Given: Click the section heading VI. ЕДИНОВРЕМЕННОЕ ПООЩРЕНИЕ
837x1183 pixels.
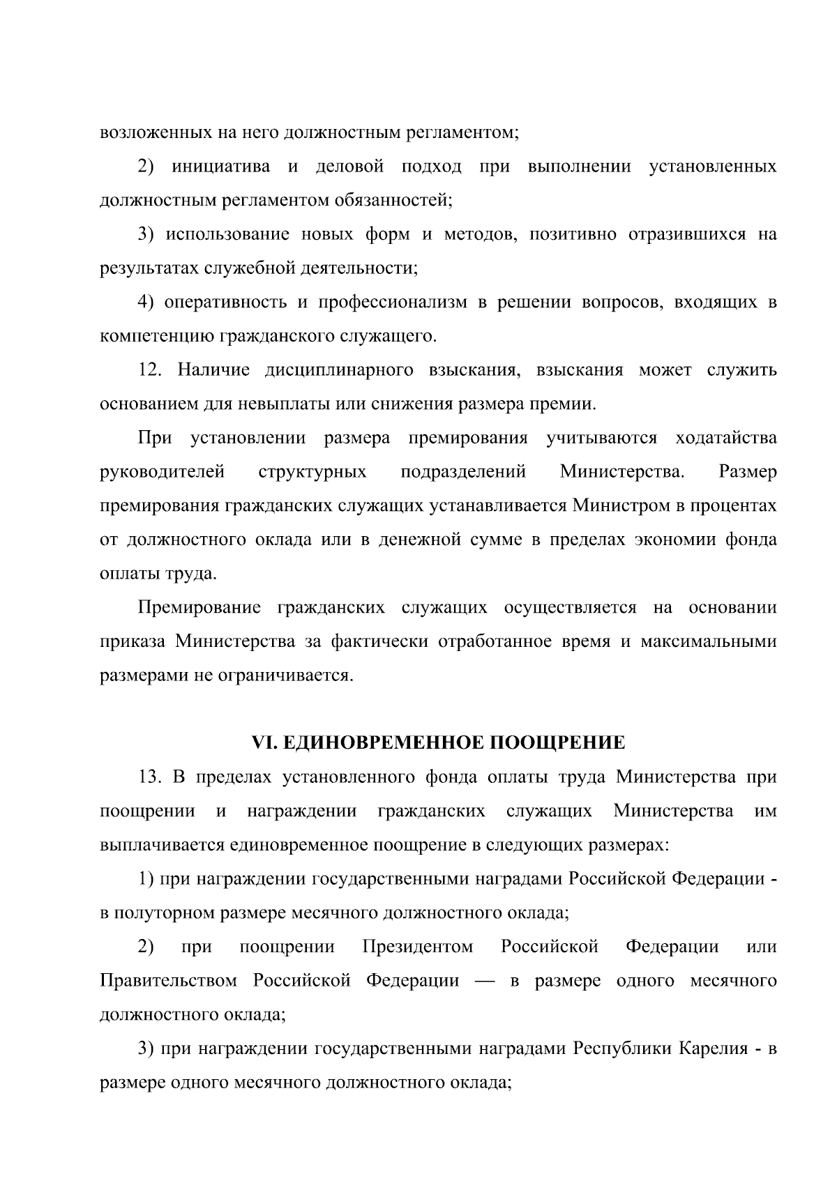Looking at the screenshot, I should coord(438,743).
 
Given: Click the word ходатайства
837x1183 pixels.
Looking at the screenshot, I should coord(725,438).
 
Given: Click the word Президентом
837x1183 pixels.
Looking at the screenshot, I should coord(418,947).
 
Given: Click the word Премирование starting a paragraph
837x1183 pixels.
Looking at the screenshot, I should coord(199,608).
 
